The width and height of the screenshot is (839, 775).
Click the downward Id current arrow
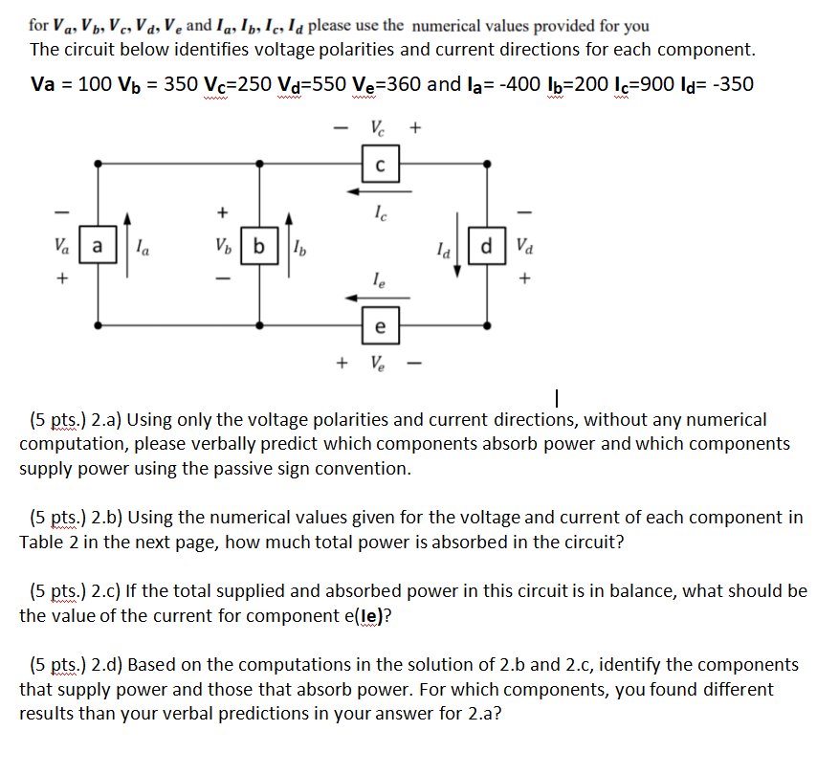pos(457,252)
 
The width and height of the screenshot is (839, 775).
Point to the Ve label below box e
pos(379,364)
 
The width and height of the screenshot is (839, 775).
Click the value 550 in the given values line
pos(323,84)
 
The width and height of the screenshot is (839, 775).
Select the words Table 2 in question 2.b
pos(50,542)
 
